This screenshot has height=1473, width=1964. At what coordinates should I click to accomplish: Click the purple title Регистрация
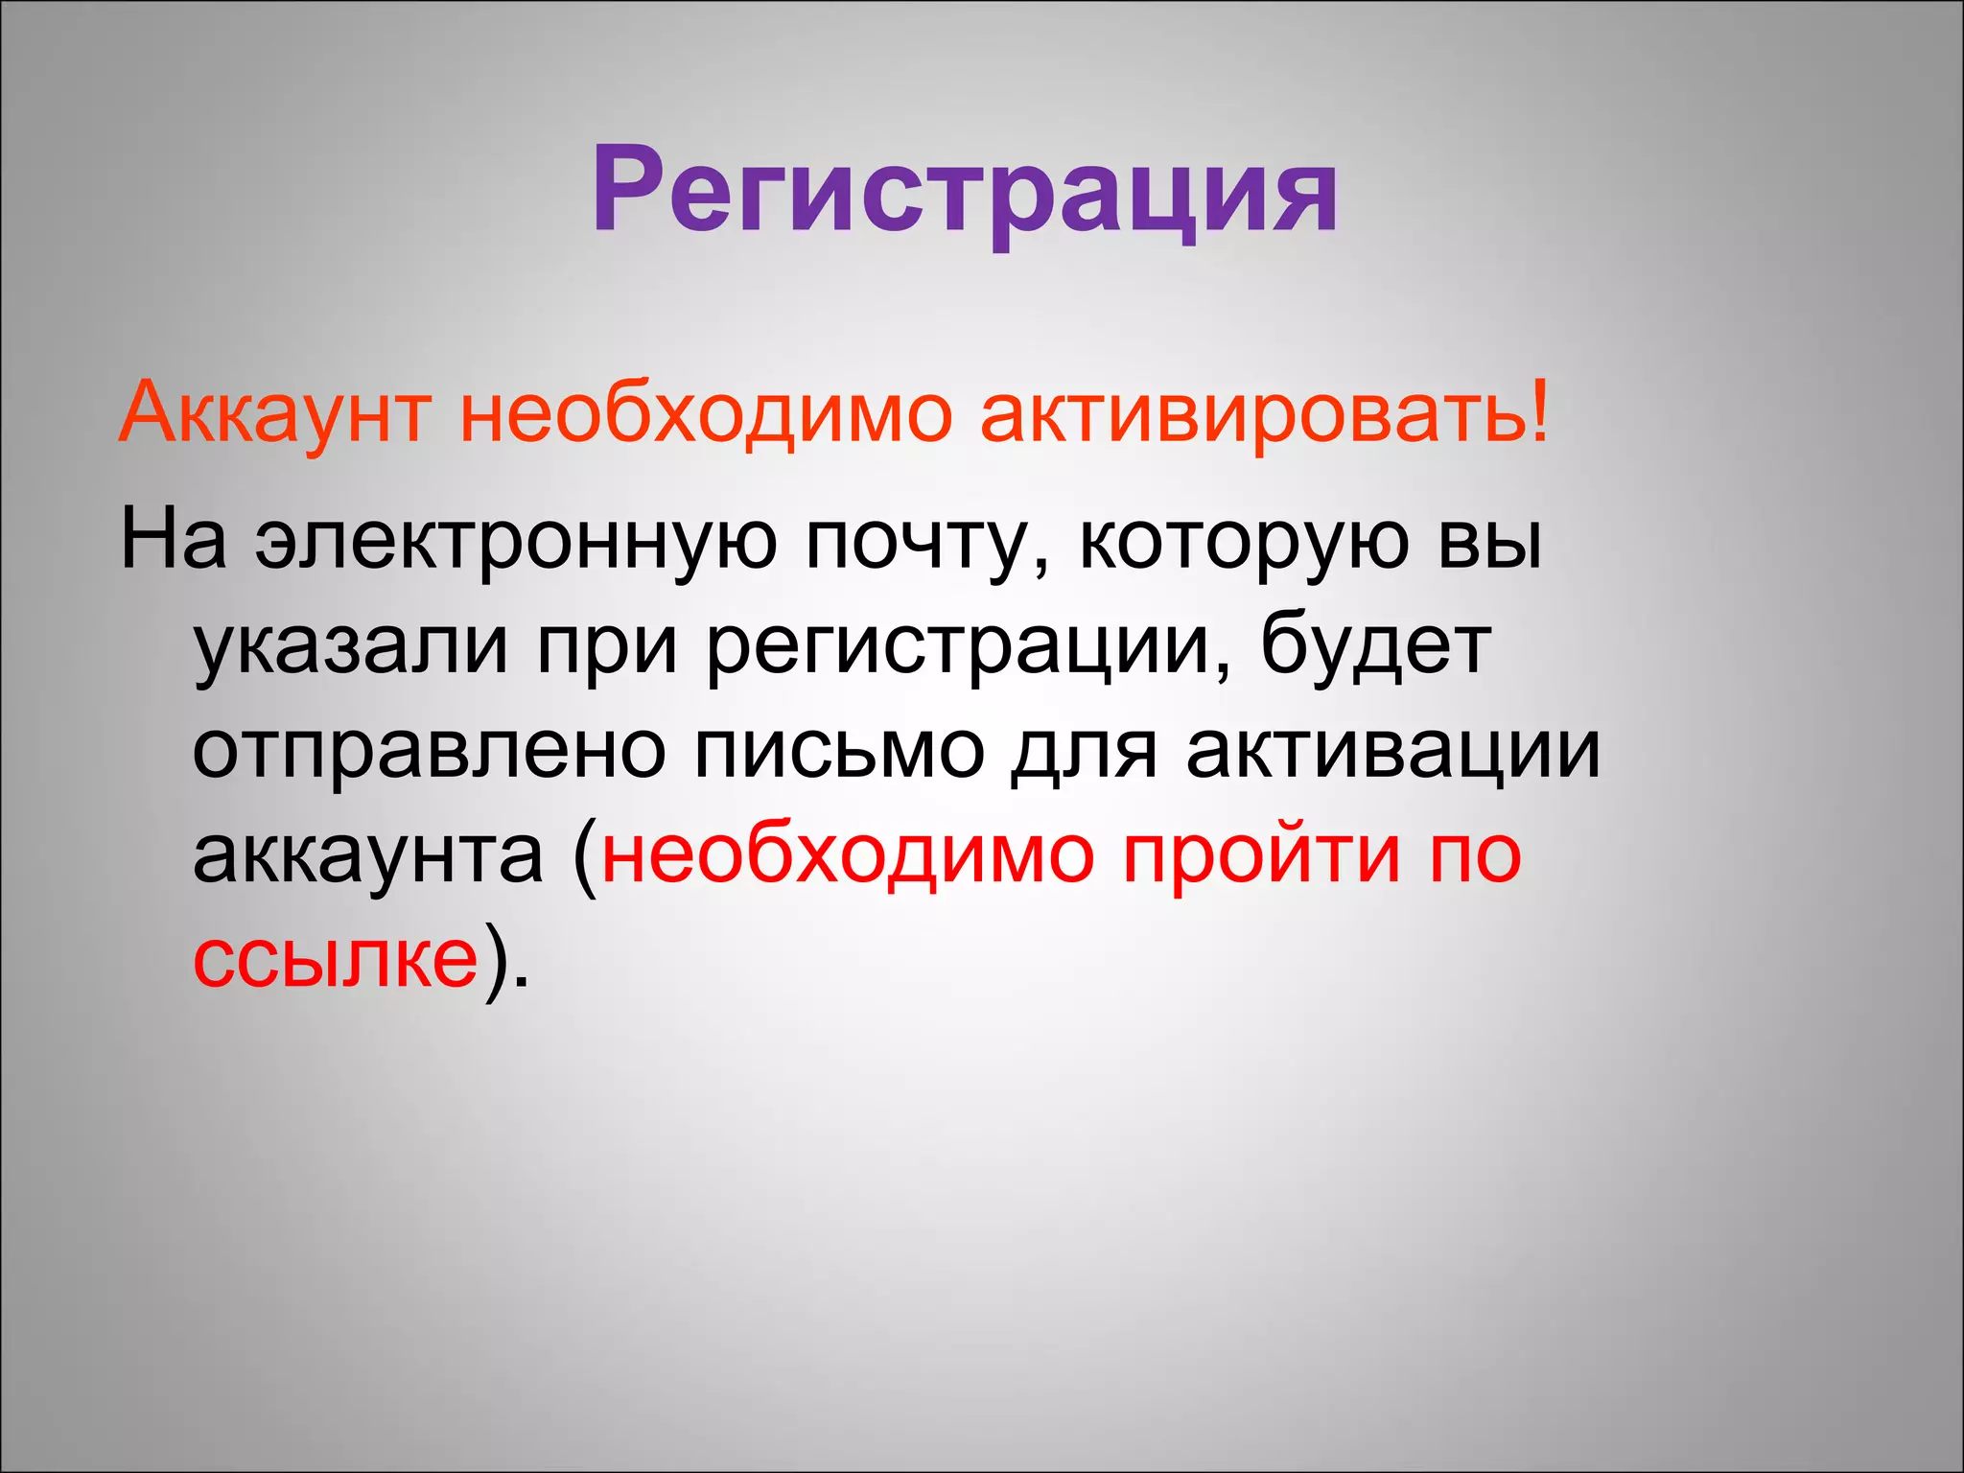(965, 192)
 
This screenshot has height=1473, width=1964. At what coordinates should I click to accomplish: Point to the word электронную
(516, 541)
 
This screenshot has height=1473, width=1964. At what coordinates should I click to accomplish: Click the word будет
(1375, 644)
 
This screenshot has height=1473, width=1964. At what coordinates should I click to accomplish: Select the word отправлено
(430, 752)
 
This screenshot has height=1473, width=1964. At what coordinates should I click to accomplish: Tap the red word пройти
(1260, 855)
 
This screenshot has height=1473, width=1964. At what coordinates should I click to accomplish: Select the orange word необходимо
(706, 414)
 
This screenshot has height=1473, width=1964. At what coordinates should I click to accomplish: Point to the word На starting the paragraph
(174, 541)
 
